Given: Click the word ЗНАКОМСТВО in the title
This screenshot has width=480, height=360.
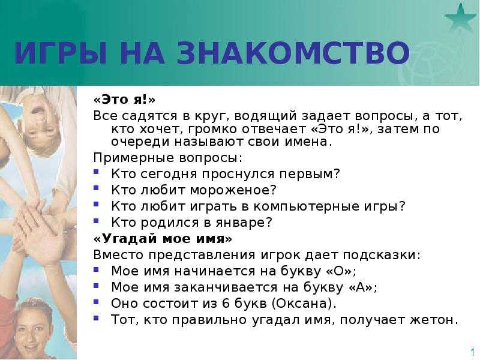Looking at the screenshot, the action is point(293,53).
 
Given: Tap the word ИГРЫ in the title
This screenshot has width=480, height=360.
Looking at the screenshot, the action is point(61,53).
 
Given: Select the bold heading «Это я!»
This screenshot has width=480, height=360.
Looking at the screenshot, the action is point(125,100).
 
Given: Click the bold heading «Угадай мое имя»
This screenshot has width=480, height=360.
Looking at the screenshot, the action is point(163,238).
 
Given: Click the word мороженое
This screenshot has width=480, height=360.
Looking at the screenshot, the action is point(233,190).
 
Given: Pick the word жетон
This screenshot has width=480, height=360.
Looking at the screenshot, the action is point(434,320).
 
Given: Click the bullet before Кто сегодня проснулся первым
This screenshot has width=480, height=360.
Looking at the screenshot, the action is point(96,172).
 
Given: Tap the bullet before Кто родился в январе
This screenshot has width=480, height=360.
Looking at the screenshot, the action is point(96,220).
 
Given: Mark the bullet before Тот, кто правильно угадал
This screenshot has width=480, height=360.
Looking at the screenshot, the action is point(96,318).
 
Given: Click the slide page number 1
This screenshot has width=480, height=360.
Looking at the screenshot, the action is point(473,351).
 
